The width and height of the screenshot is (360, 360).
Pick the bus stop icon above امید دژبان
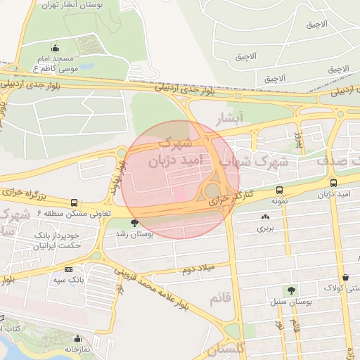pos(333,184)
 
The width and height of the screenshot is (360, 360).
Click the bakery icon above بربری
pos(265,217)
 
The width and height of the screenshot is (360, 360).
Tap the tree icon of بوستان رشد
pos(134,224)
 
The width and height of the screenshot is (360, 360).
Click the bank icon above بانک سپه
pos(68,269)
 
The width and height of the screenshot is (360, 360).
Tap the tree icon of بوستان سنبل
pos(290,290)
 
